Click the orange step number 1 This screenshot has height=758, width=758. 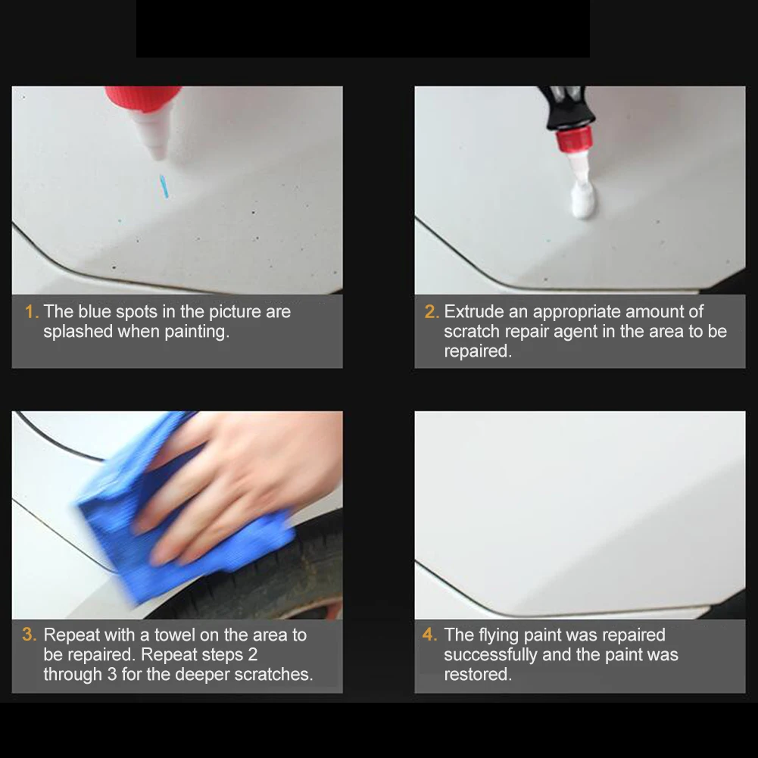tap(31, 312)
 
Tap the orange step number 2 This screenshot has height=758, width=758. tap(432, 312)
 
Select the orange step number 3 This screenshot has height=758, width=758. tap(30, 635)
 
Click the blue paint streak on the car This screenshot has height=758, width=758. tap(164, 186)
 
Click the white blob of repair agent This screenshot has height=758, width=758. tap(584, 200)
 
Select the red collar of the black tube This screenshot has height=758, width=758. tap(574, 139)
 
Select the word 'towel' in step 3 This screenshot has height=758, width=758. tap(175, 635)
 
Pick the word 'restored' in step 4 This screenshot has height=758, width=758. tap(478, 675)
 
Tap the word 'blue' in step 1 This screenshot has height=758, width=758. tap(95, 312)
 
